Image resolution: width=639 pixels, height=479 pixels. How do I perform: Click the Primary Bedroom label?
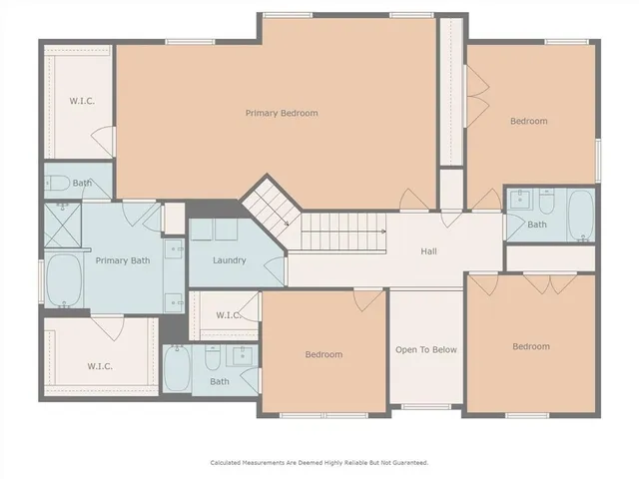coord(282,113)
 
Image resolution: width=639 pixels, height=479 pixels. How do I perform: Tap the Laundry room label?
coord(230,260)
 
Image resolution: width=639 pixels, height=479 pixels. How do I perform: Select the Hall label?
coord(428,251)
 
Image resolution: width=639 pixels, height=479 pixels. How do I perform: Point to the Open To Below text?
coord(426,349)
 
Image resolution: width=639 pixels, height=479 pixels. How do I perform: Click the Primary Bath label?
coord(122,260)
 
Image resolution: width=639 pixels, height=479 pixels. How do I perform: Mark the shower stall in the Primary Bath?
coord(62,226)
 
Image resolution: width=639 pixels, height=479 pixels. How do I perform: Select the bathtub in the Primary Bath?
coord(63,280)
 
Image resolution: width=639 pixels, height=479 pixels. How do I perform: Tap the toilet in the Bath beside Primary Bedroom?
coord(58,183)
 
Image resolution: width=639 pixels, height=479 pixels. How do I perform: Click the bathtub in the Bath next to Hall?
coord(580,215)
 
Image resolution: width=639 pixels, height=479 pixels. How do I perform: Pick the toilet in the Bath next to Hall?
coord(547,203)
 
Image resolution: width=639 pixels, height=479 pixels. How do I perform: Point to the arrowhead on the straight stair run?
coord(382,232)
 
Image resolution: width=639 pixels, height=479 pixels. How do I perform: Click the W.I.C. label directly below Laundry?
coord(228,315)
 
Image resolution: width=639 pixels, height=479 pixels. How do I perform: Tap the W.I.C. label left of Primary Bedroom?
coord(81,101)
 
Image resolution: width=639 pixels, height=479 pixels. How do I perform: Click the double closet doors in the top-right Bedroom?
coord(476,90)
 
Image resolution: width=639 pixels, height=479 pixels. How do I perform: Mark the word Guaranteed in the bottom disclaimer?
coord(407,462)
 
